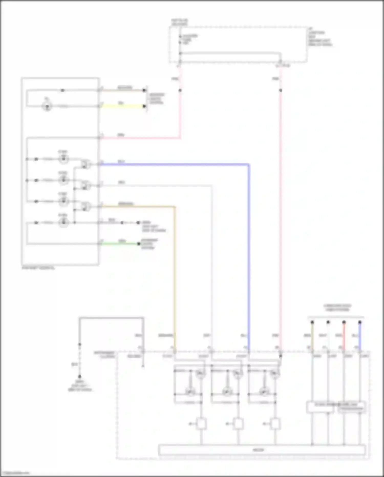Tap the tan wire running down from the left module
175,269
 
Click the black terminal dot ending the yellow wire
144,106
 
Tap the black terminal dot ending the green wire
139,244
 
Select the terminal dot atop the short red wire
344,322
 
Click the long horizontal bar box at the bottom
262,450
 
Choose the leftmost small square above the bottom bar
201,424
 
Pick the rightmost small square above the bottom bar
275,424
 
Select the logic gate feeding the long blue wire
86,164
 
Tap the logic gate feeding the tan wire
86,206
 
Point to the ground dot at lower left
80,377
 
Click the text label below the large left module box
38,268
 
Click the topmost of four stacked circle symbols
63,159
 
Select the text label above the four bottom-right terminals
337,308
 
